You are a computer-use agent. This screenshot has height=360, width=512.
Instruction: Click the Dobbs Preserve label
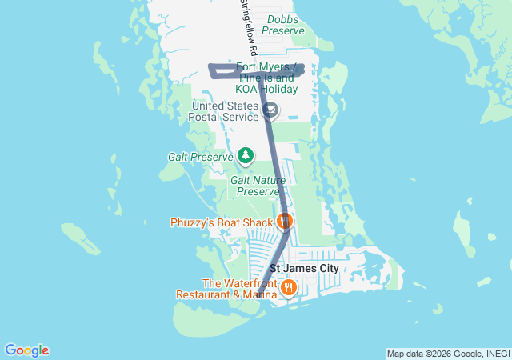[283, 24]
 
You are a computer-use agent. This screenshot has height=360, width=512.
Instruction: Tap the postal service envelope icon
[270, 110]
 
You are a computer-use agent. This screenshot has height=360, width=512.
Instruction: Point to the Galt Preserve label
[200, 158]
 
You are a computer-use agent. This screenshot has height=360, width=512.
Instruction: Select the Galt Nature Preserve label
[257, 186]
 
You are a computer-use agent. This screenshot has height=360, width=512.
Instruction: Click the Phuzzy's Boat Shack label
[221, 222]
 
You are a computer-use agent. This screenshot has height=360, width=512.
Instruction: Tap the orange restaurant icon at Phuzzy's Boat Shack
[285, 220]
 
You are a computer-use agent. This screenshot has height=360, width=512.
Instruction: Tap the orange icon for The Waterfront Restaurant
[289, 286]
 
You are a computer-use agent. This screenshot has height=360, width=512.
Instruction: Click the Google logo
[26, 350]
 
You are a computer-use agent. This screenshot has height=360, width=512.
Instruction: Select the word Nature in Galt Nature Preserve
[269, 180]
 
